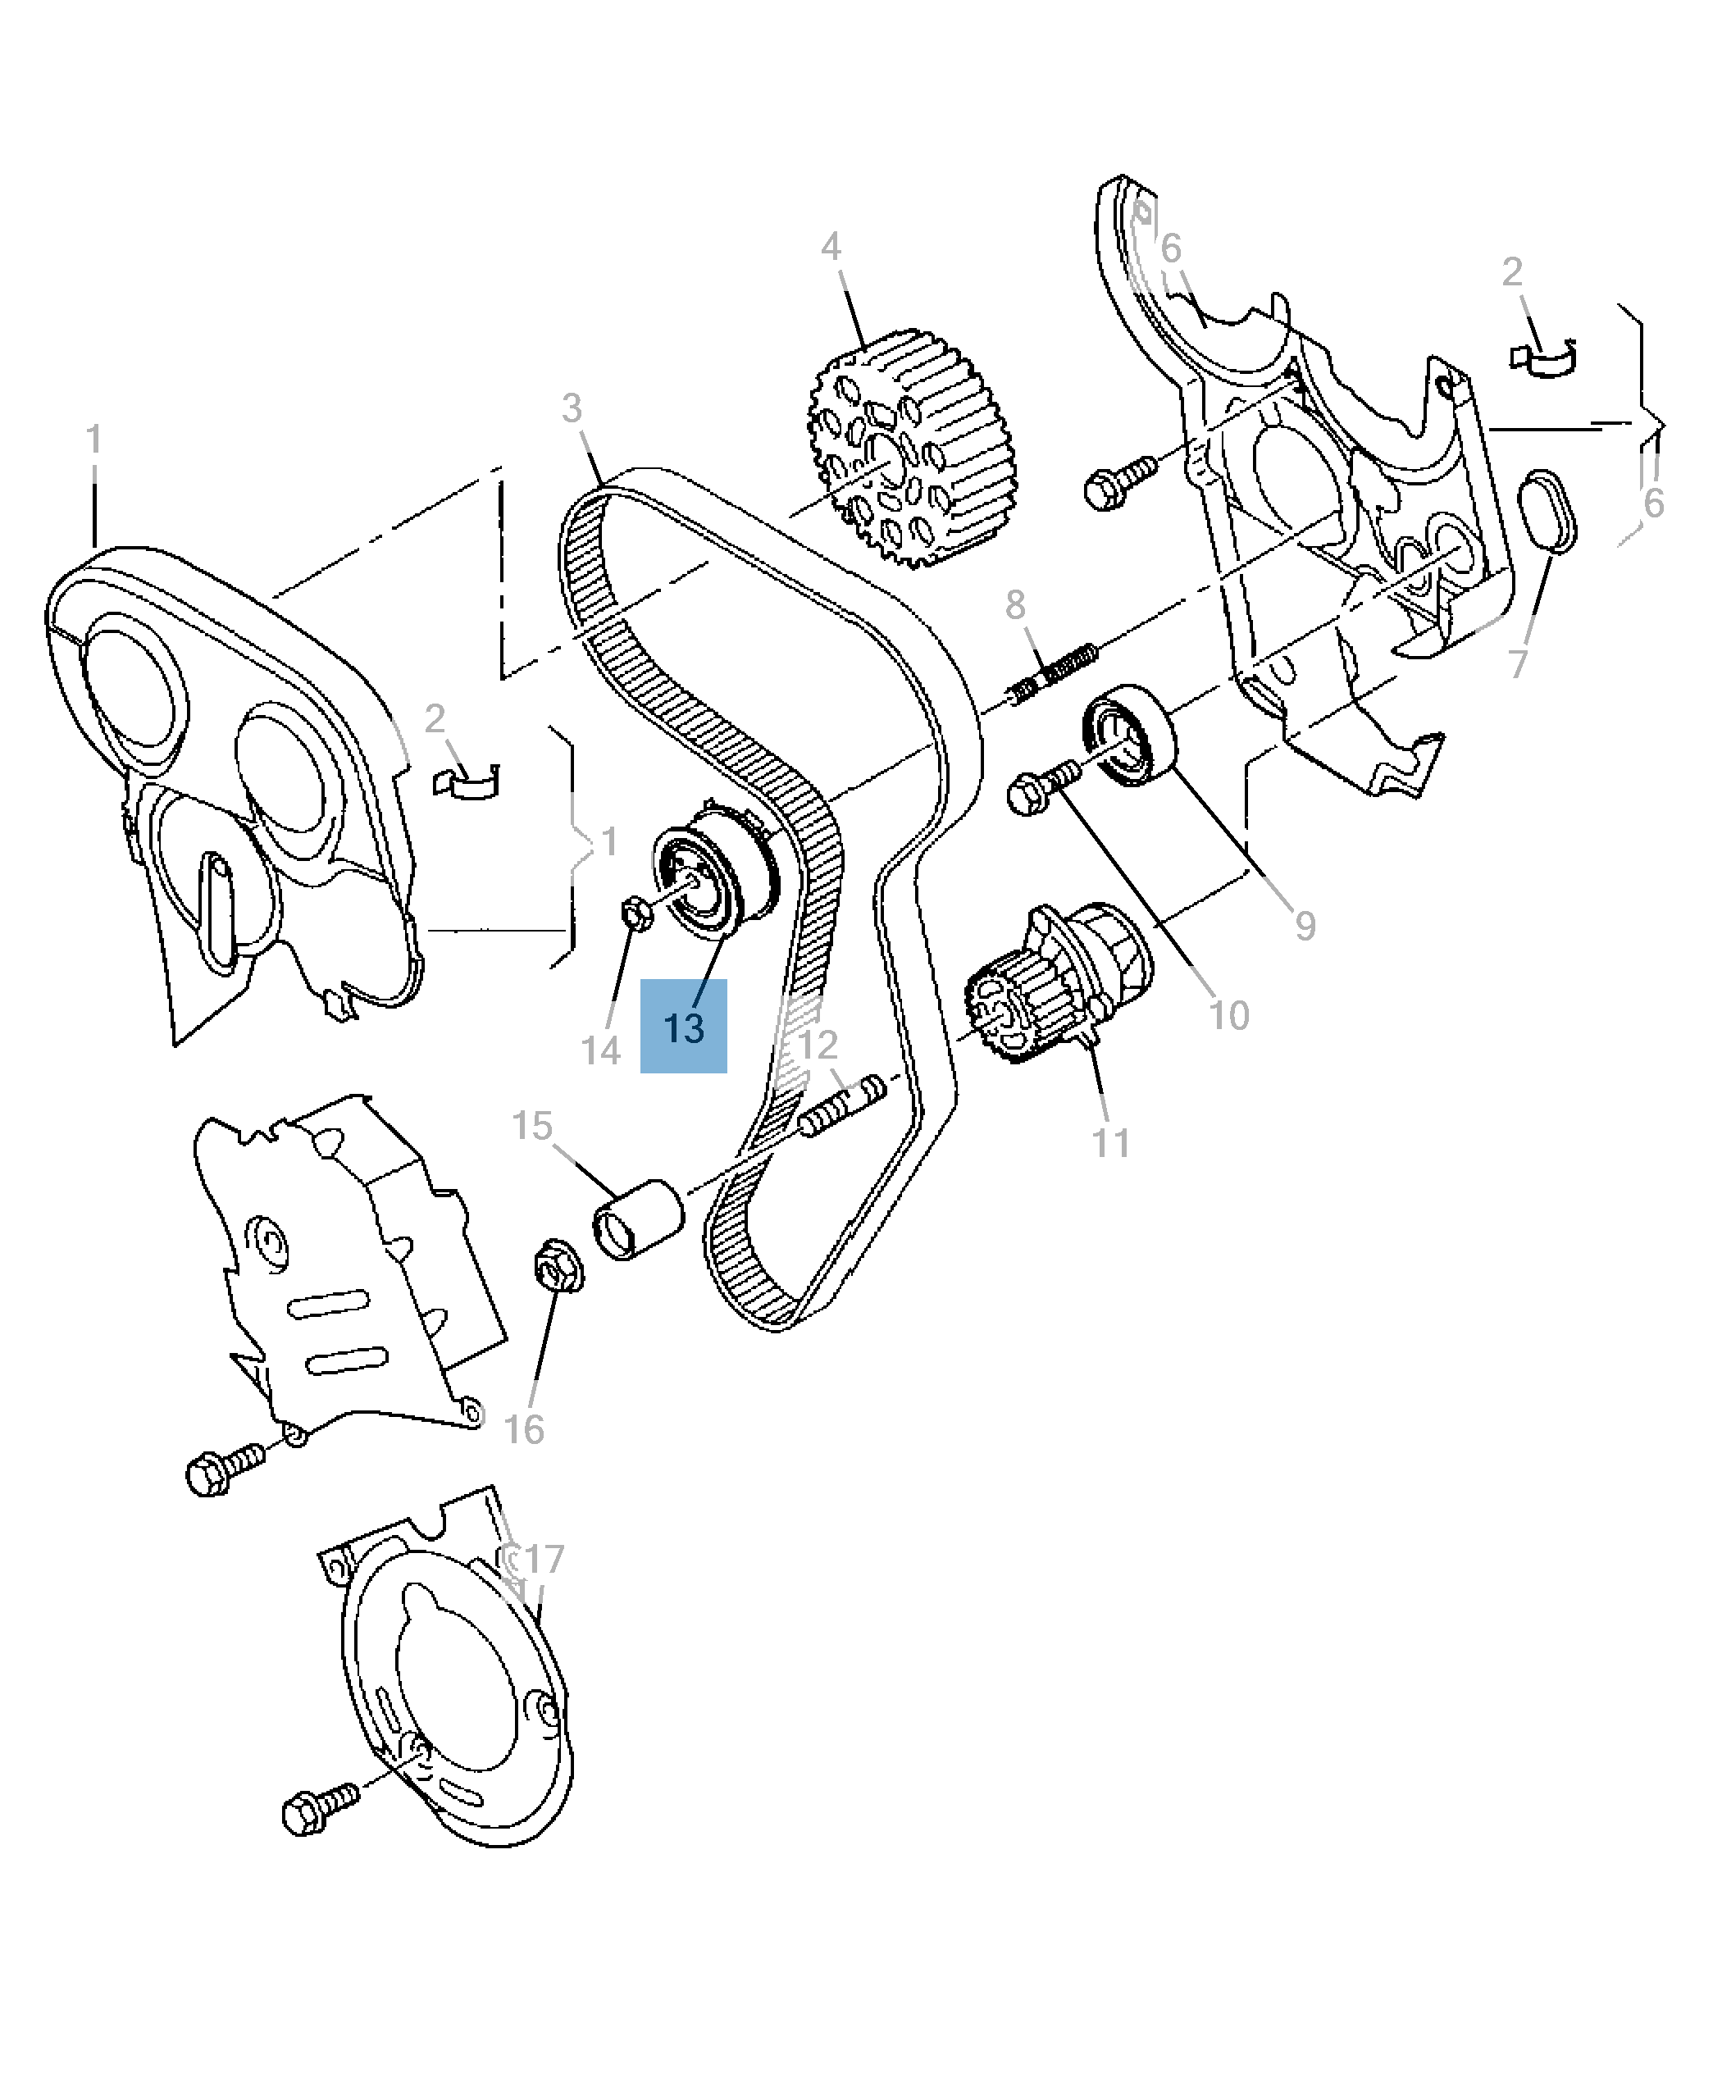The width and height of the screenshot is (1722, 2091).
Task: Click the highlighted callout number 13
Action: (x=683, y=1027)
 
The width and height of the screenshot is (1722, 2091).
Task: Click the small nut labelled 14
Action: (x=635, y=913)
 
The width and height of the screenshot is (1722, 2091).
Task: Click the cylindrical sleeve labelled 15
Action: (x=638, y=1220)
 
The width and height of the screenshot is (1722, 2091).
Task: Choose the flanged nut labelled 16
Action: (x=558, y=1264)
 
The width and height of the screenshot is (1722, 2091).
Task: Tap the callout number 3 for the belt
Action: (x=572, y=408)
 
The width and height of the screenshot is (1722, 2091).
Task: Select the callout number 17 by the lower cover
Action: (x=544, y=1560)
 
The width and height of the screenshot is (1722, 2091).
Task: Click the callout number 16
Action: (x=523, y=1429)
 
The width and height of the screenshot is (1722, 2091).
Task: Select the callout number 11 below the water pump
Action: (x=1110, y=1143)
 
